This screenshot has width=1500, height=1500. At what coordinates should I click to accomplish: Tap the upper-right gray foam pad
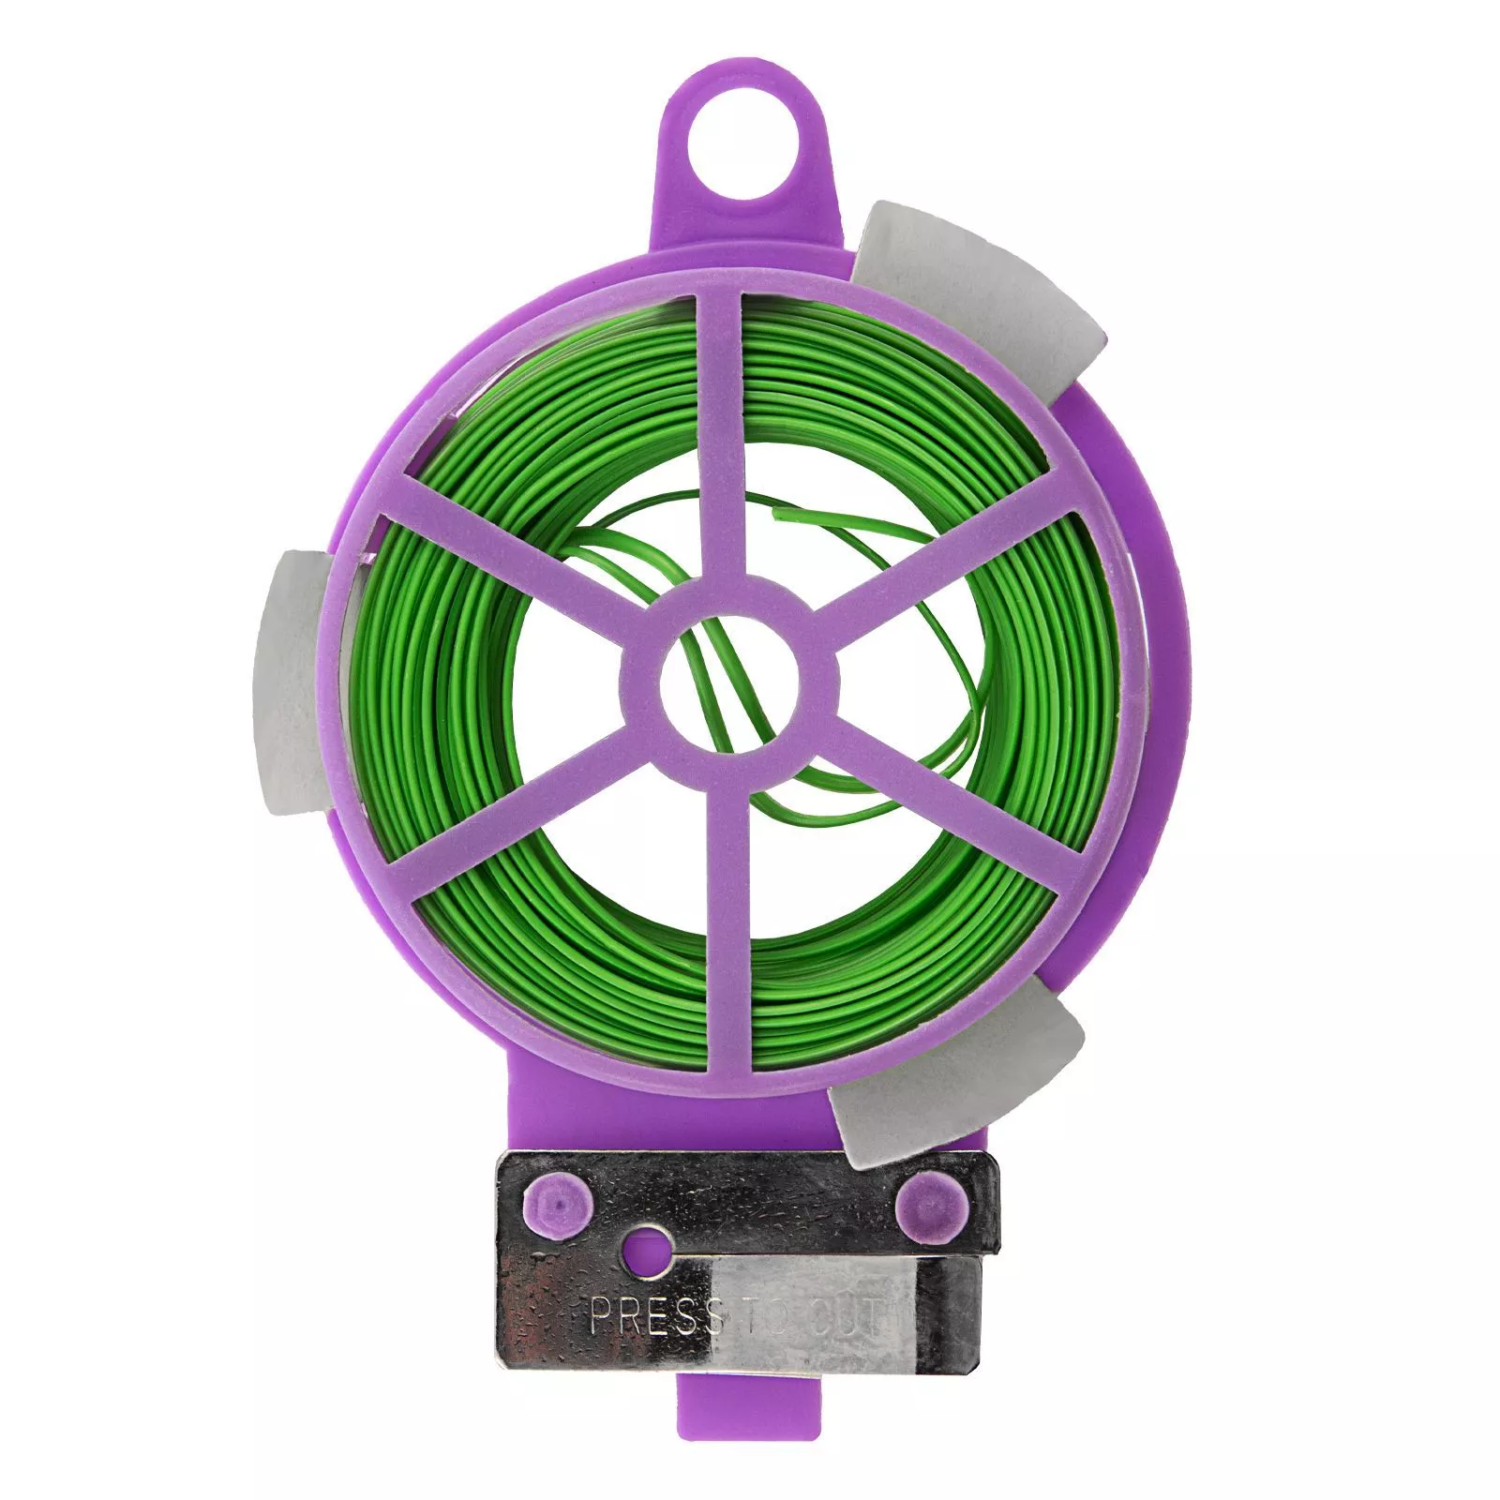984,319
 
